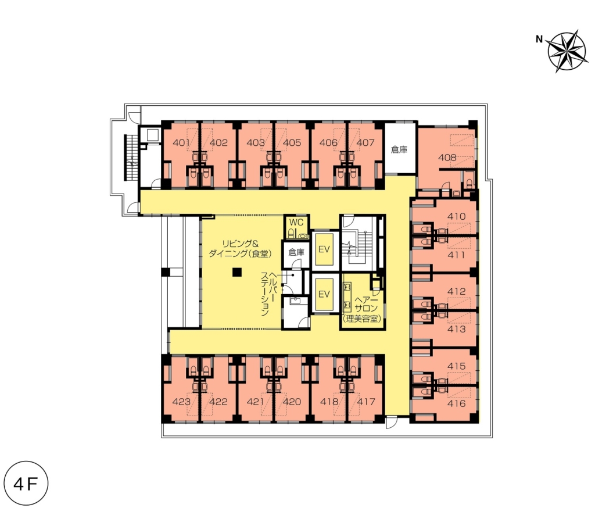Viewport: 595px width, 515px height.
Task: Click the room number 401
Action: (x=181, y=142)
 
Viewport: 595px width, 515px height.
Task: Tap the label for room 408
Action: (x=447, y=157)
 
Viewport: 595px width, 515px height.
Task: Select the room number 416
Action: (x=456, y=403)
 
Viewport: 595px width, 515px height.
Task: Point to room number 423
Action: (x=181, y=402)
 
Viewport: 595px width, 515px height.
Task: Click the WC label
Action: (x=296, y=223)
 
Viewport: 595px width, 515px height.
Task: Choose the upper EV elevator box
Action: (x=324, y=249)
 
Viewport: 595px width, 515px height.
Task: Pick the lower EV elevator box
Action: (x=324, y=294)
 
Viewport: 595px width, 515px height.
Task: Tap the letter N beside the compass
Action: (x=539, y=39)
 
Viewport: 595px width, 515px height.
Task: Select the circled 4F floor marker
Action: (x=26, y=484)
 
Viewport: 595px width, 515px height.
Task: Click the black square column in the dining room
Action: (x=237, y=272)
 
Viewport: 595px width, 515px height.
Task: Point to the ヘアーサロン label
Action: (x=366, y=305)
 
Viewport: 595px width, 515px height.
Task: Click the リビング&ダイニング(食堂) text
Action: (x=240, y=249)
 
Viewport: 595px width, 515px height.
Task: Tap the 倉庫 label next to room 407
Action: (x=399, y=149)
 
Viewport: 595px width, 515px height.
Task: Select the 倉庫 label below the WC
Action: (x=296, y=252)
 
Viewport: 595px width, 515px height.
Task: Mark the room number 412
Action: (x=456, y=291)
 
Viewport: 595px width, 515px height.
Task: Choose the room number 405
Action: (x=292, y=142)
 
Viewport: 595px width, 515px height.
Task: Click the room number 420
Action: (x=292, y=402)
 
